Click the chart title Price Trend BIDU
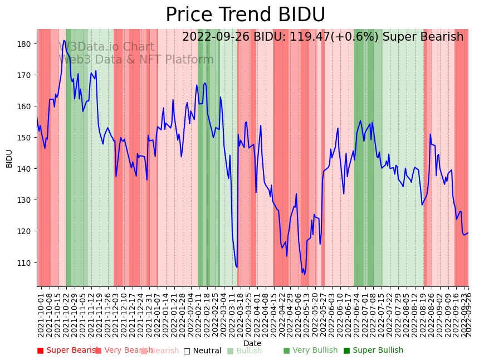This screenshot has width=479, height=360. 245,15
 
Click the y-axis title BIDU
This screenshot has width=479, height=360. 9,158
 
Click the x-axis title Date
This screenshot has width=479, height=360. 252,343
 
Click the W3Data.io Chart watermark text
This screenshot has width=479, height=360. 106,47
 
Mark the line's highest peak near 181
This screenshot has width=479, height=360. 65,40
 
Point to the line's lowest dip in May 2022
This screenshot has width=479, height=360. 304,274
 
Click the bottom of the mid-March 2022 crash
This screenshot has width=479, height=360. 237,267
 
